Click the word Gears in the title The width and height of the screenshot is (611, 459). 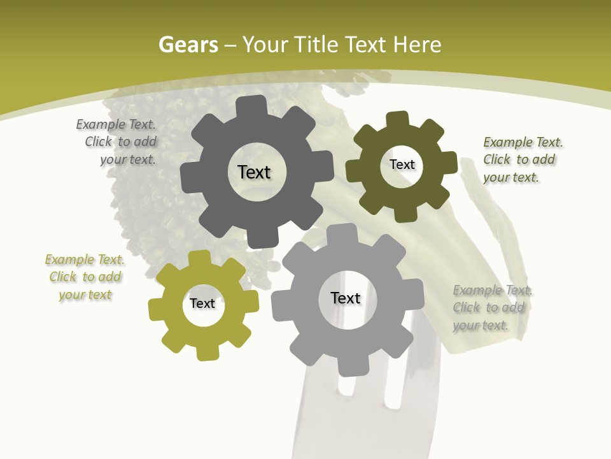pos(188,45)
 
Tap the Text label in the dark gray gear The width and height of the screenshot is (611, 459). pos(254,172)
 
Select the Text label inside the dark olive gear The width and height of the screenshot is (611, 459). pos(402,164)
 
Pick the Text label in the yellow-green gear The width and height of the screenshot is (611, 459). pos(202,303)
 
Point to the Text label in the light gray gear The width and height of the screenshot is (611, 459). pos(346,298)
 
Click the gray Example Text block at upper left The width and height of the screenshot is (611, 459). pos(117,142)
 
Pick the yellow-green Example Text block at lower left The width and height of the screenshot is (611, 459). pos(85,277)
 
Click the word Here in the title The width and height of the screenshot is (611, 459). pos(417,45)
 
